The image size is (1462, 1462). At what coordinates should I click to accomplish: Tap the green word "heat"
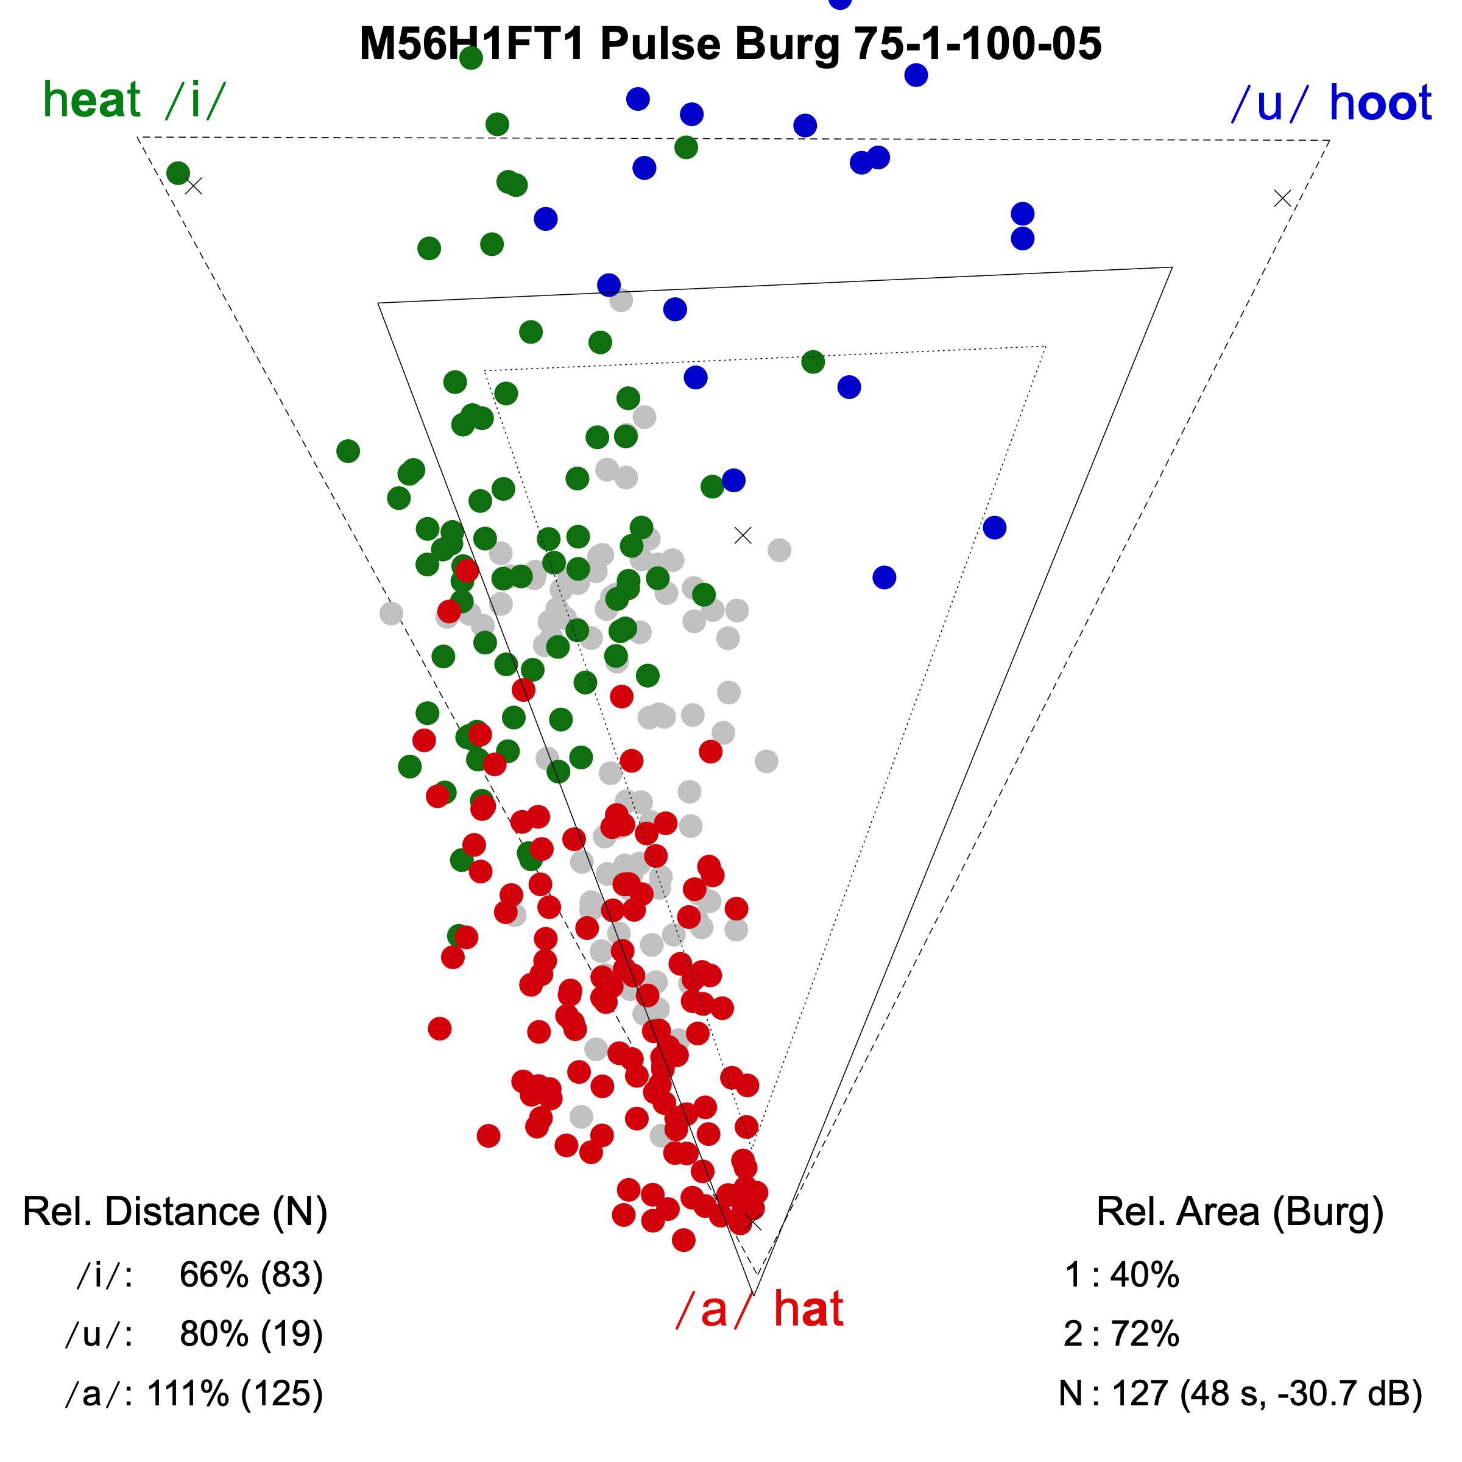tap(93, 100)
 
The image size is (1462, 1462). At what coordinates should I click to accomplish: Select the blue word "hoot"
tap(1380, 103)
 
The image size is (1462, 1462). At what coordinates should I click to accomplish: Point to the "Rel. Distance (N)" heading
tap(175, 1212)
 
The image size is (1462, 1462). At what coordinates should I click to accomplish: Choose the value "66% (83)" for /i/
tap(251, 1275)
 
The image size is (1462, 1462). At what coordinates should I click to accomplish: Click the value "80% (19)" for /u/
tap(251, 1334)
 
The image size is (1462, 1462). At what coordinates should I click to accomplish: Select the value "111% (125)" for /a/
tap(235, 1393)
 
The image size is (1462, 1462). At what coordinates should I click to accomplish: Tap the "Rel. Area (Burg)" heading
tap(1240, 1212)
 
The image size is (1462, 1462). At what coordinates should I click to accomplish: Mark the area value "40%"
tap(1144, 1275)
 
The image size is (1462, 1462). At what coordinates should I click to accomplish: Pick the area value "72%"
tap(1144, 1334)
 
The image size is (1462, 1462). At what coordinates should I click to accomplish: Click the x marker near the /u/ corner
tap(1282, 198)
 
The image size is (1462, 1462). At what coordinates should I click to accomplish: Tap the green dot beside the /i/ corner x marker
tap(178, 172)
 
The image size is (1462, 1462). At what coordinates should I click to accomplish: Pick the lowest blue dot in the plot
tap(884, 577)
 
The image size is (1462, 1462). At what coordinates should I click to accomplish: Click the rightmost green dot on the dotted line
tap(813, 362)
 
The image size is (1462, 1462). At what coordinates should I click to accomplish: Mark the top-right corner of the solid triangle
tap(1171, 267)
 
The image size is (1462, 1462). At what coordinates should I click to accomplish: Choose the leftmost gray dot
tap(391, 613)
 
